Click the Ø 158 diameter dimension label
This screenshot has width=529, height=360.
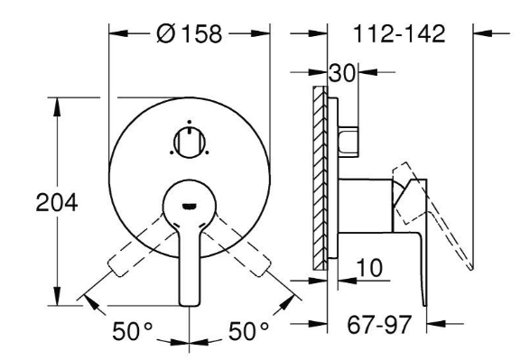click(190, 33)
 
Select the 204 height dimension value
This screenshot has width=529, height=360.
click(57, 203)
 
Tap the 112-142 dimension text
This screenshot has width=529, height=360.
click(399, 33)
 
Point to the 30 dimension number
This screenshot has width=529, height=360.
click(342, 73)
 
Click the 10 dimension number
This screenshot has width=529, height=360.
click(369, 268)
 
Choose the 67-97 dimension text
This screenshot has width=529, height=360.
click(379, 324)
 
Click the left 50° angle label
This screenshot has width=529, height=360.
click(132, 331)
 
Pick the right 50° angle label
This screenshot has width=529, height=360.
click(248, 331)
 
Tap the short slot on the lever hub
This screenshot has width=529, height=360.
click(190, 206)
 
